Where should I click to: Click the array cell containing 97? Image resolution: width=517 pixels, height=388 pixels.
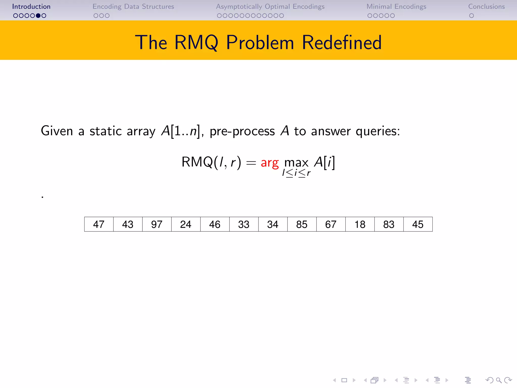pos(157,224)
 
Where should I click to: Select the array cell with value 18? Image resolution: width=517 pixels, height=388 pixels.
pos(360,224)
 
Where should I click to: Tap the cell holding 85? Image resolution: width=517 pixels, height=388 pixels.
pos(302,224)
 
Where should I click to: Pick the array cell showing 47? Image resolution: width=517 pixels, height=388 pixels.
pos(99,224)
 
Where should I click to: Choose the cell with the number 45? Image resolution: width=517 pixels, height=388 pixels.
pos(418,224)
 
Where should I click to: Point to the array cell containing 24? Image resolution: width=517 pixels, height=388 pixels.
pos(186,224)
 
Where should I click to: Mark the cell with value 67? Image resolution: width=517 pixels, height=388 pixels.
pos(331,224)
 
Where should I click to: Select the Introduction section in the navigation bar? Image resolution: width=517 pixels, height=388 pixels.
pos(31,7)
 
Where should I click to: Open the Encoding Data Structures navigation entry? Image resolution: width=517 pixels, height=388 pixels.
pos(133,7)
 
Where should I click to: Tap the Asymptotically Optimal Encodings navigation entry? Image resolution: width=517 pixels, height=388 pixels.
pos(270,7)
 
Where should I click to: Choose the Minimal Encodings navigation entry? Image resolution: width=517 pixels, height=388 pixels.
pos(396,7)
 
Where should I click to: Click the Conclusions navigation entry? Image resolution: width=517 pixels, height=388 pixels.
pos(486,7)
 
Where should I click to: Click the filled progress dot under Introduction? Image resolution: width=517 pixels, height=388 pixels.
pos(38,16)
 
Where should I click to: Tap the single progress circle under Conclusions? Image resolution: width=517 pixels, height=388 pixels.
pos(471,16)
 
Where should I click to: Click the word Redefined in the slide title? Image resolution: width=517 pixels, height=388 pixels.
pos(342,42)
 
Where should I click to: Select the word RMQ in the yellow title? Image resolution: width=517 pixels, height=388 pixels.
pos(196,42)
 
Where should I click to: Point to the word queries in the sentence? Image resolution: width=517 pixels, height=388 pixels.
pos(378,131)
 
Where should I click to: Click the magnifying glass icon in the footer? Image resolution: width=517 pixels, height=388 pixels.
pos(499,380)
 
